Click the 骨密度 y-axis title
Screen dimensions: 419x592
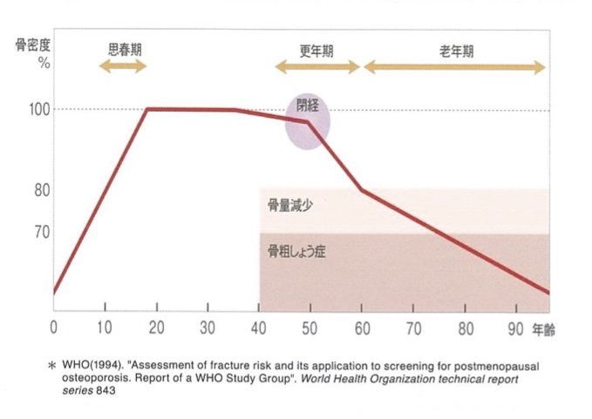pos(31,45)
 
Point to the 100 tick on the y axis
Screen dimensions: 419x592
pos(37,109)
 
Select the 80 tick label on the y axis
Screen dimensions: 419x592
pos(41,190)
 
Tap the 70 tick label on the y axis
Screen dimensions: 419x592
pos(41,232)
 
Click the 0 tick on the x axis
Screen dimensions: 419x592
pos(53,328)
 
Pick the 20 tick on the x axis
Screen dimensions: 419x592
pos(156,328)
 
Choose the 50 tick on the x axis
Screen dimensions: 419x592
pos(310,328)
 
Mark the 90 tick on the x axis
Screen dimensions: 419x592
pos(516,328)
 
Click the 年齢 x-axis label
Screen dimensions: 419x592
pos(545,328)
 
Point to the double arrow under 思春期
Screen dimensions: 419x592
pos(123,67)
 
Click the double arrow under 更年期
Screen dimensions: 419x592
pos(316,67)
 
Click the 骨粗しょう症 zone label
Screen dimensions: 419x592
pos(297,252)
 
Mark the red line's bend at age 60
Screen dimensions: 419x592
pos(362,189)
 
